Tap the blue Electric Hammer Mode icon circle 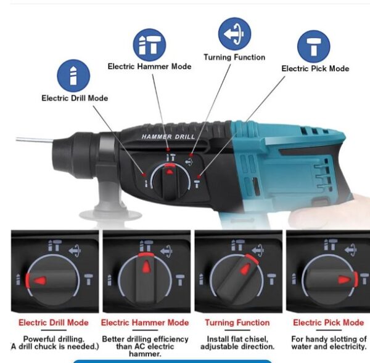click(150, 44)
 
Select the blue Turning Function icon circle click(234, 34)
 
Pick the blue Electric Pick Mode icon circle click(314, 47)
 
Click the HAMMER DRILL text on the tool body click(168, 136)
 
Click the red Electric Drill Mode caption click(54, 322)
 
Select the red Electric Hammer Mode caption click(145, 322)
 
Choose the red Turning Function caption click(237, 322)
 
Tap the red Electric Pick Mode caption click(328, 322)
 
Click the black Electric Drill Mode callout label click(75, 98)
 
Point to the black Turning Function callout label click(234, 57)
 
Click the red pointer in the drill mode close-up click(39, 280)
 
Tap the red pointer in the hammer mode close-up click(146, 266)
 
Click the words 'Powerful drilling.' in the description click(54, 338)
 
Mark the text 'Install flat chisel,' click(237, 338)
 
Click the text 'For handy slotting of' click(328, 338)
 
